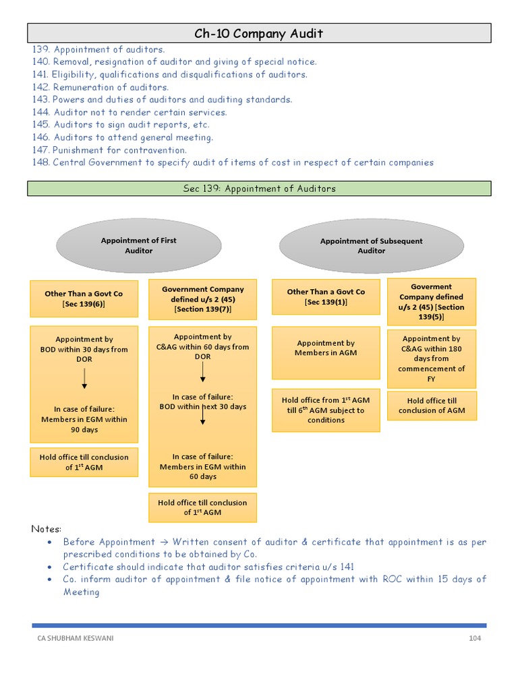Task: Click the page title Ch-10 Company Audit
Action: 259,33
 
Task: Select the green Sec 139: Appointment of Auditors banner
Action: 259,189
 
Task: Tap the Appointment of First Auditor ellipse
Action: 139,245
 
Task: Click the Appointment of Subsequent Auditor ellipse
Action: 371,245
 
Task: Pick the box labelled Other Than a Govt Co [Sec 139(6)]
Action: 84,299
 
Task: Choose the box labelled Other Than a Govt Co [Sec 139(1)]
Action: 326,297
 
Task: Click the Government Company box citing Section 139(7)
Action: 202,299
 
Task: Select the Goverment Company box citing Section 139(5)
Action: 431,301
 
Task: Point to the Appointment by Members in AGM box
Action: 326,352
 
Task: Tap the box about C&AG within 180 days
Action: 431,358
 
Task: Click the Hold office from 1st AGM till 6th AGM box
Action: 326,410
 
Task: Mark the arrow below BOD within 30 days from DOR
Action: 84,379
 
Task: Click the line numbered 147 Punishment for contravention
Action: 110,150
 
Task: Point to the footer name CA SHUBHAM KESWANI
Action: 76,638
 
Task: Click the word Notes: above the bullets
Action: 47,529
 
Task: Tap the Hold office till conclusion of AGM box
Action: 431,406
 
